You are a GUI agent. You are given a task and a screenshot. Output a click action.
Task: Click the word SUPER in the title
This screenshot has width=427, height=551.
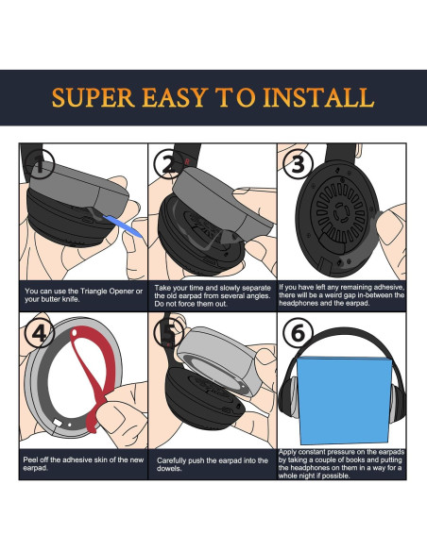[x=96, y=98]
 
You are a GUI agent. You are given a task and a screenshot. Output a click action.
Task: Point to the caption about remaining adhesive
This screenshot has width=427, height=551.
[x=342, y=294]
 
